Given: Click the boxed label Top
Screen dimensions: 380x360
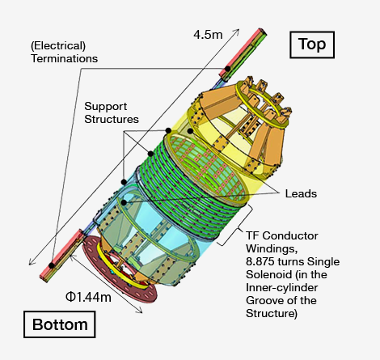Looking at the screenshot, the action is click(312, 44).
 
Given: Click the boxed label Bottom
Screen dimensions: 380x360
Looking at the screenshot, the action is click(60, 324).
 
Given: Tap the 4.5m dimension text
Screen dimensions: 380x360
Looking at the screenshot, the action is click(208, 35).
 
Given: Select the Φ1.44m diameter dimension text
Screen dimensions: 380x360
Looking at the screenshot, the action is click(88, 297).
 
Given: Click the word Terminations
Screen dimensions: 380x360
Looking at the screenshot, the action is click(64, 58).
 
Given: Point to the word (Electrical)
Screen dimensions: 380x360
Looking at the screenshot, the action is click(58, 46).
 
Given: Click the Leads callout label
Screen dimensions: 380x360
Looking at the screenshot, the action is click(301, 193).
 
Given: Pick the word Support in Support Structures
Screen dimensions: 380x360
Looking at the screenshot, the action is click(105, 107).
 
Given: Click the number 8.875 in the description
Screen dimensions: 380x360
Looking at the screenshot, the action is click(260, 261).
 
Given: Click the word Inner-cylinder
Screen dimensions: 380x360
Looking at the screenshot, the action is click(281, 288).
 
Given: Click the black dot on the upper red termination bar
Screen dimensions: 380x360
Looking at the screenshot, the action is click(228, 69).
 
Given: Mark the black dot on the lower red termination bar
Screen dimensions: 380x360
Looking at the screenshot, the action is click(51, 265).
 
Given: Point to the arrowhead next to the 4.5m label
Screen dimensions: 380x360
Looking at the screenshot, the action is click(237, 32).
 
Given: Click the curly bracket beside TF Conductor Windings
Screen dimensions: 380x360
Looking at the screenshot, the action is click(237, 226).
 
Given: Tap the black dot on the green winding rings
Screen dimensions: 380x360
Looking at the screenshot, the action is click(150, 154).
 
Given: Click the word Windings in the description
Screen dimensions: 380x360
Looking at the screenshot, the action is click(272, 249).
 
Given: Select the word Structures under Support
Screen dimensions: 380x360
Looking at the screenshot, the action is click(112, 119).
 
